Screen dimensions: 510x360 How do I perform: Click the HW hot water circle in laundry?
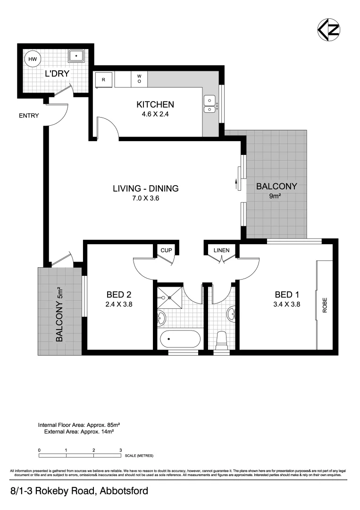[x=33, y=59]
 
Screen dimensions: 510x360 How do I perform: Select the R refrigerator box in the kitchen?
[x=103, y=79]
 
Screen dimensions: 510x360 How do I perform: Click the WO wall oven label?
[x=139, y=78]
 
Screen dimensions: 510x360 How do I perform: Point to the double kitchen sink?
[x=209, y=104]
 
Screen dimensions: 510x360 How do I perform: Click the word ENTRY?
[x=29, y=116]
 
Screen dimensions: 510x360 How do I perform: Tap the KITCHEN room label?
[x=155, y=104]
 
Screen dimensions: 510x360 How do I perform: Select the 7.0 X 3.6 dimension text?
[x=145, y=198]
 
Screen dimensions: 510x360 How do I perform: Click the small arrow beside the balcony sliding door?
[x=236, y=183]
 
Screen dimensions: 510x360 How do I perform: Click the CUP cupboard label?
[x=166, y=250]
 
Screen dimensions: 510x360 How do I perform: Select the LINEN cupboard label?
[x=221, y=250]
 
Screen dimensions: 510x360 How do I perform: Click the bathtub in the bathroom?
[x=179, y=339]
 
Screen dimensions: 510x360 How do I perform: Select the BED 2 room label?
[x=119, y=295]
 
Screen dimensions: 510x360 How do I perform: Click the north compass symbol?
[x=328, y=29]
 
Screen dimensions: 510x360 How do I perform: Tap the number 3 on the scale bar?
[x=121, y=450]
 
